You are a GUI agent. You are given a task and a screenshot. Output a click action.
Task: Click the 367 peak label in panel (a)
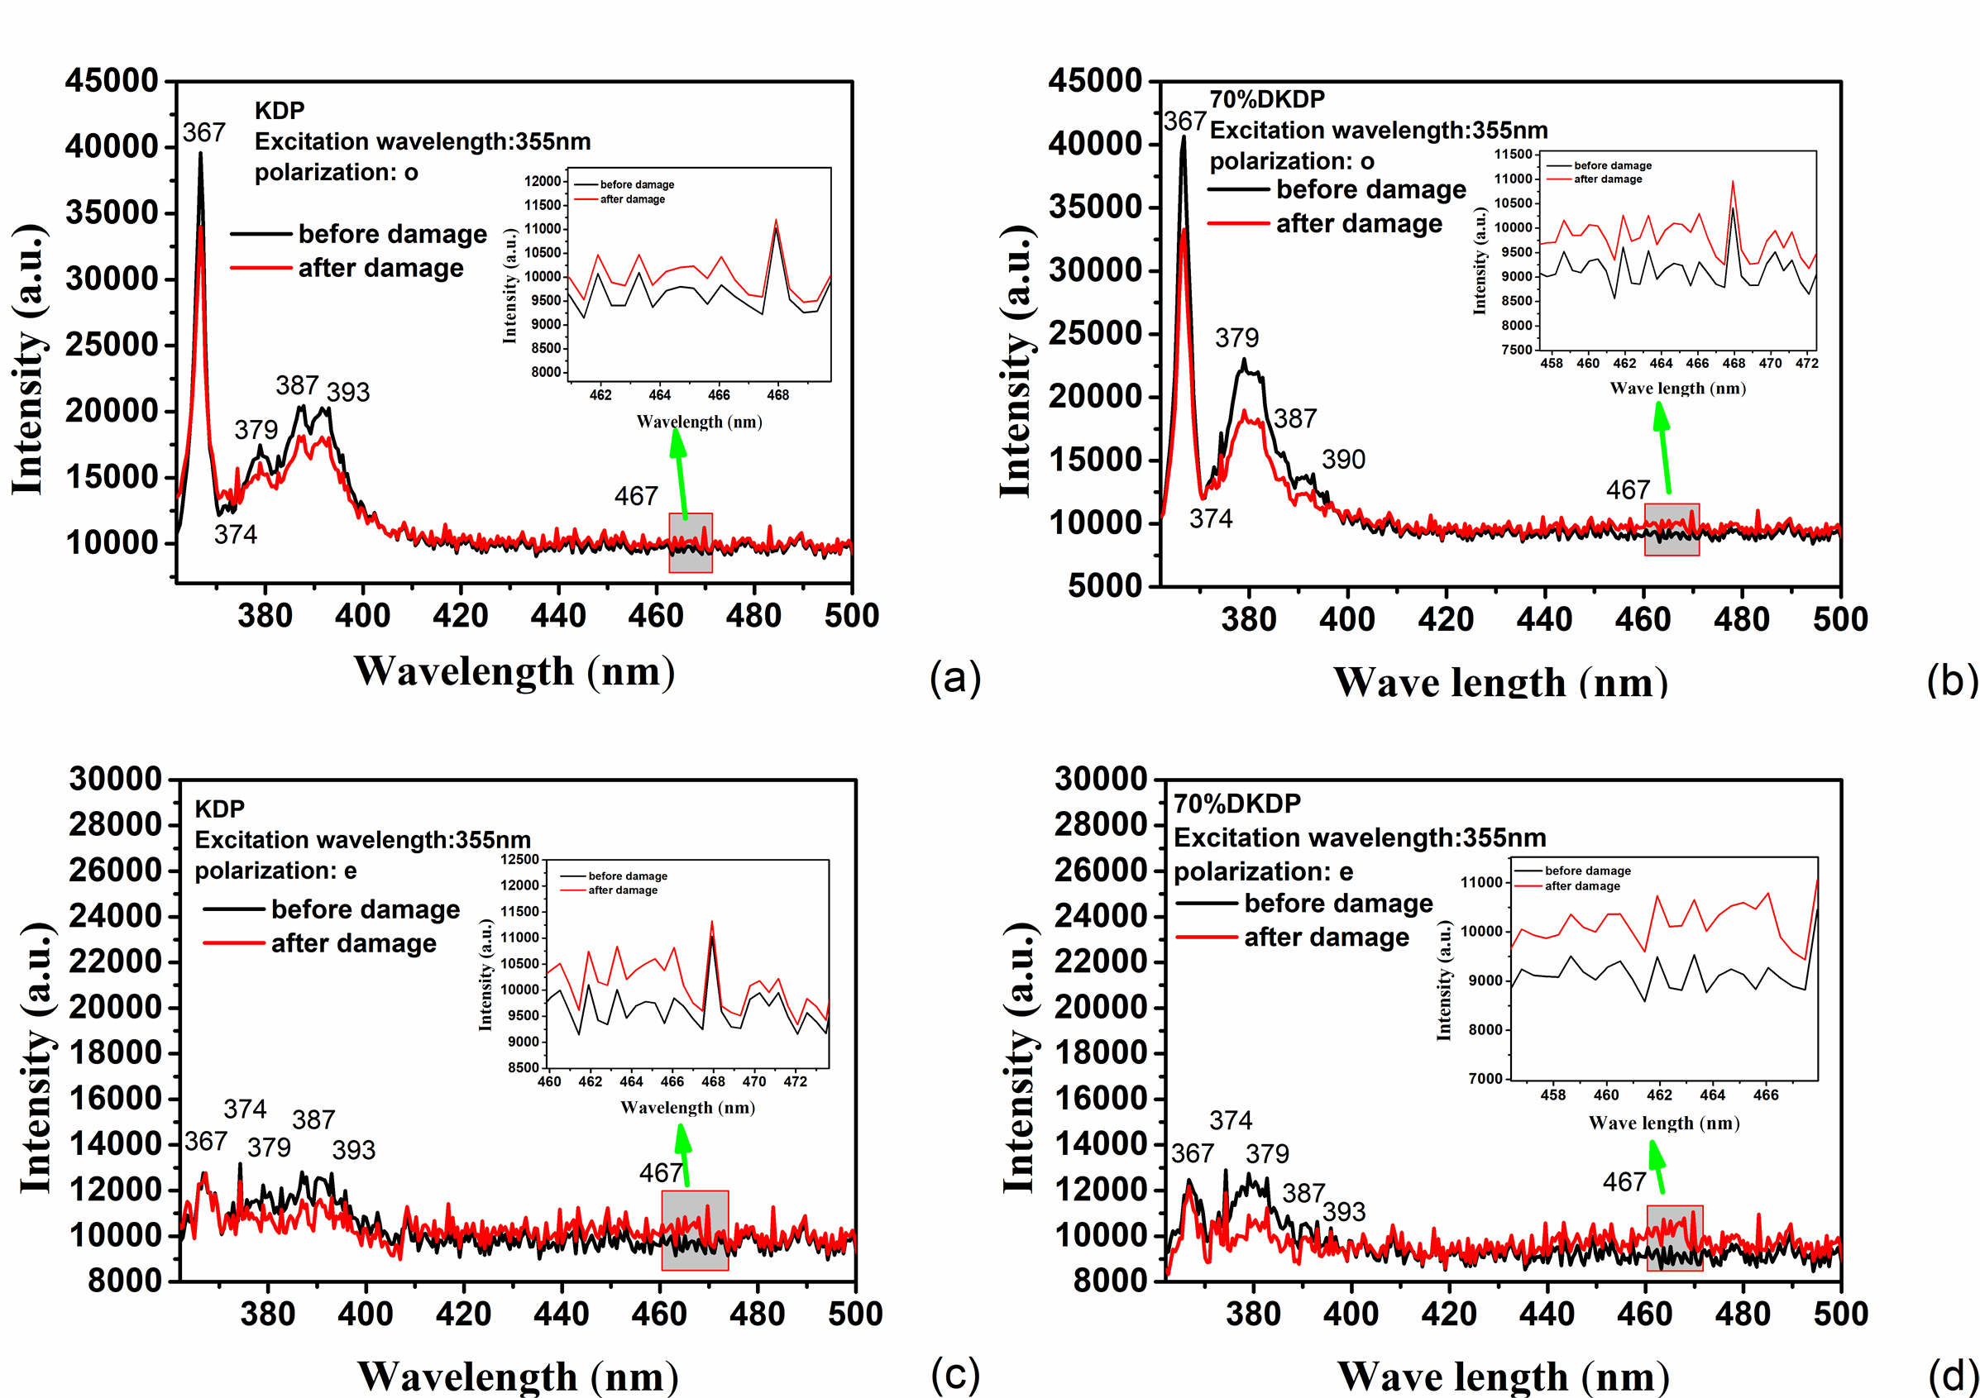point(203,133)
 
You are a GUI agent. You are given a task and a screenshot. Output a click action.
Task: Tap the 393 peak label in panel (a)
point(347,392)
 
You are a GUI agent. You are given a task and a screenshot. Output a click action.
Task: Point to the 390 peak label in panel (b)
point(1343,460)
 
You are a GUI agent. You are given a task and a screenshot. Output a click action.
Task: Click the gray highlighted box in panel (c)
point(694,1230)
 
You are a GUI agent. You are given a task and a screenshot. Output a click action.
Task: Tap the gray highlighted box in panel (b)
point(1672,529)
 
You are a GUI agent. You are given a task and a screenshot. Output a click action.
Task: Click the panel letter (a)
point(954,677)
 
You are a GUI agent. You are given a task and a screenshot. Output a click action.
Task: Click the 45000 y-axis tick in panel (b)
point(1095,80)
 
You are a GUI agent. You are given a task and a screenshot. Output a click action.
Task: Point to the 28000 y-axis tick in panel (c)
point(116,825)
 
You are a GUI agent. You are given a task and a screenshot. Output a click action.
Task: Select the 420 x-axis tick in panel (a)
point(461,615)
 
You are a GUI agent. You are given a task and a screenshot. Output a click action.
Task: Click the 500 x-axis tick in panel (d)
point(1840,1314)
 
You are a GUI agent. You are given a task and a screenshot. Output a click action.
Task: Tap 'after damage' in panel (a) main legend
point(380,268)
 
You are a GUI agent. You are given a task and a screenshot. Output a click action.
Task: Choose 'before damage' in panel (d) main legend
point(1338,903)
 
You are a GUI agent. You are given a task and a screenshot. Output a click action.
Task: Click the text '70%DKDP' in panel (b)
point(1267,99)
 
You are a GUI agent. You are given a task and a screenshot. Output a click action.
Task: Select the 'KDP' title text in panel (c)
point(219,809)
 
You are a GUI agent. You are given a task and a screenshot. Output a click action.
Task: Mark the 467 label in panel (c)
point(661,1172)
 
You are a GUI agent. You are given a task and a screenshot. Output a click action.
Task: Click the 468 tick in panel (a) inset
point(777,394)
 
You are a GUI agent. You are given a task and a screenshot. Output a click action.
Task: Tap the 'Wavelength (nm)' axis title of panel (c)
point(518,1376)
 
